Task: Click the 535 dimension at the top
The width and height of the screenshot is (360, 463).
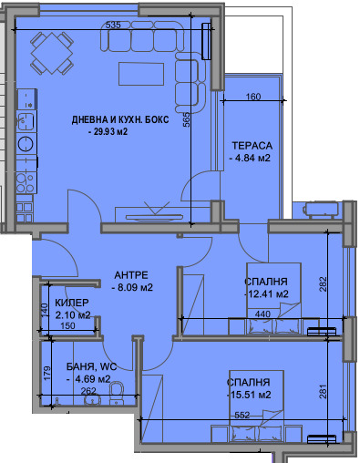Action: click(x=113, y=25)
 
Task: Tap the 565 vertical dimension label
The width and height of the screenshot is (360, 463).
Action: click(x=186, y=119)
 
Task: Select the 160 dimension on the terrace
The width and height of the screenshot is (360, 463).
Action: click(x=253, y=97)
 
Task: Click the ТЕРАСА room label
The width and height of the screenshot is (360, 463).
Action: click(x=252, y=146)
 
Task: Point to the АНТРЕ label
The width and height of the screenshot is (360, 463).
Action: click(x=131, y=275)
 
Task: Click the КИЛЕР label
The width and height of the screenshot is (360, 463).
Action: click(x=72, y=303)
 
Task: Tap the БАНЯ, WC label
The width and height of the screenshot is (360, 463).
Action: click(x=91, y=366)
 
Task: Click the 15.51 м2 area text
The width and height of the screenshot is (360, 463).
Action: click(x=251, y=395)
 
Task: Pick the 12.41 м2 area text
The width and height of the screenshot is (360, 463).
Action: click(x=268, y=293)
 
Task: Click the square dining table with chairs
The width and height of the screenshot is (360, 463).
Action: click(x=52, y=54)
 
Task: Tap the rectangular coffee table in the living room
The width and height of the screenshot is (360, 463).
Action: click(x=141, y=74)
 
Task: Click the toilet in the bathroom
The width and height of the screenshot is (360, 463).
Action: click(x=117, y=393)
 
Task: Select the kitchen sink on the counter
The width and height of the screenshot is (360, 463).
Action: click(x=26, y=120)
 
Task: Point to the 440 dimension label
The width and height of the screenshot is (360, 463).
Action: click(x=262, y=314)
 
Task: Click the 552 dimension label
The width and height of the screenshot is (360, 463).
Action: click(x=242, y=415)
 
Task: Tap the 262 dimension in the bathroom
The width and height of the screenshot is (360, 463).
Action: click(x=88, y=391)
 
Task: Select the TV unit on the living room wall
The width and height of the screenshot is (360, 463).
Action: click(x=155, y=216)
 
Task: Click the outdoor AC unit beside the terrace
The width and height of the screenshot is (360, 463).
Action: click(x=321, y=210)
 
